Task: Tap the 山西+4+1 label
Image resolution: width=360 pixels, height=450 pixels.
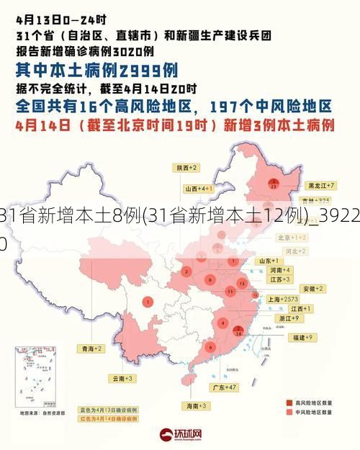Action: [x=197, y=188]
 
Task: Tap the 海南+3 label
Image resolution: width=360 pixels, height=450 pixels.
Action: [x=197, y=406]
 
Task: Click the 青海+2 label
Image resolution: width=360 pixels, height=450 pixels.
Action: [x=91, y=348]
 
